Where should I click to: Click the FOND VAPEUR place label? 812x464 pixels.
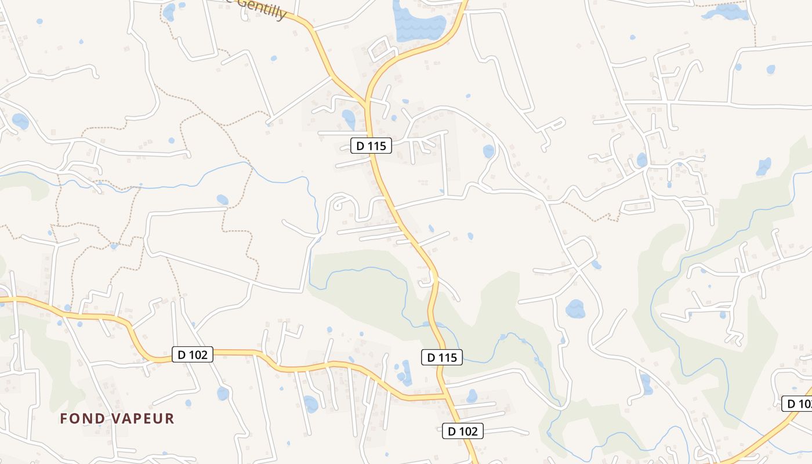pyautogui.click(x=117, y=418)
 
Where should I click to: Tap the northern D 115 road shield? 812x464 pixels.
pyautogui.click(x=371, y=146)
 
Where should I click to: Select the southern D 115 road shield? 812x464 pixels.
pyautogui.click(x=442, y=357)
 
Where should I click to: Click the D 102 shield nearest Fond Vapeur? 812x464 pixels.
pyautogui.click(x=193, y=354)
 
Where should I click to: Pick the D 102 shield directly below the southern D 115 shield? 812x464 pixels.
pyautogui.click(x=462, y=431)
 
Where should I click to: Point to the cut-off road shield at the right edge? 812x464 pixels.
pyautogui.click(x=797, y=404)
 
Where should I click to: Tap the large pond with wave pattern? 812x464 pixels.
pyautogui.click(x=418, y=23)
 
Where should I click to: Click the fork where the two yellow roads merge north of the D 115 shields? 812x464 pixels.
pyautogui.click(x=367, y=103)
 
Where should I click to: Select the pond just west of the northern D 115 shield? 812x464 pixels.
pyautogui.click(x=349, y=119)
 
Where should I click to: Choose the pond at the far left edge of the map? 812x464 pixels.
pyautogui.click(x=20, y=121)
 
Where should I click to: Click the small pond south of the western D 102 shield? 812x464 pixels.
pyautogui.click(x=223, y=393)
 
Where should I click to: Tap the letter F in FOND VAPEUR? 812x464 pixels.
pyautogui.click(x=64, y=418)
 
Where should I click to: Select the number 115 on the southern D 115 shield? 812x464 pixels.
pyautogui.click(x=448, y=357)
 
